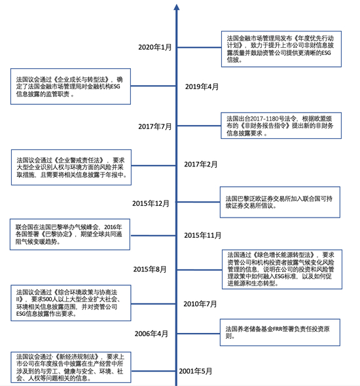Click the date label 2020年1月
[x=155, y=47]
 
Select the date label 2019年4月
[x=202, y=87]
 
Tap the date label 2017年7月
[x=154, y=126]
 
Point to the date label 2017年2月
[x=202, y=164]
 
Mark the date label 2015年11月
[x=203, y=235]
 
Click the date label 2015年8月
[x=151, y=269]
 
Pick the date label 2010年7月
[x=200, y=303]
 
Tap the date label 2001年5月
[x=196, y=372]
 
